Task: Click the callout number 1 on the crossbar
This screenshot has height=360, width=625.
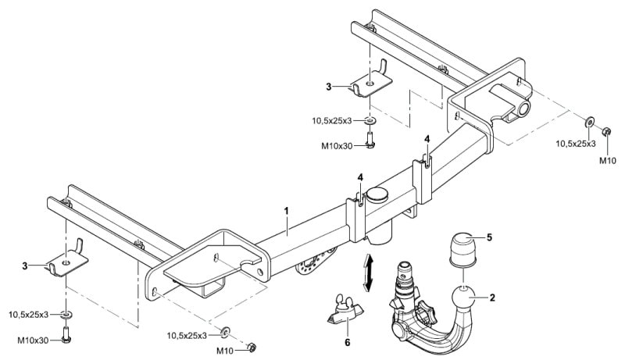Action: pyautogui.click(x=286, y=211)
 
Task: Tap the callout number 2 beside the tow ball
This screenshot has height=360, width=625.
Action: pyautogui.click(x=493, y=297)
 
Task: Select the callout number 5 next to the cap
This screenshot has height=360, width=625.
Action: pyautogui.click(x=490, y=237)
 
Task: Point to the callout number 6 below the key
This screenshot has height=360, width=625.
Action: pyautogui.click(x=347, y=342)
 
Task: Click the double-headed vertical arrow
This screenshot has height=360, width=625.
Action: pyautogui.click(x=369, y=273)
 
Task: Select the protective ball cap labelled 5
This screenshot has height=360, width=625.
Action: pyautogui.click(x=462, y=249)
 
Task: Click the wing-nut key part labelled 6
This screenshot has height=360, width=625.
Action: pyautogui.click(x=345, y=311)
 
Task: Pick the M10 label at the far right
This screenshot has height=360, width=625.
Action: pyautogui.click(x=608, y=161)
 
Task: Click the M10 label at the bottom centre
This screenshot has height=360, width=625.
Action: pyautogui.click(x=224, y=351)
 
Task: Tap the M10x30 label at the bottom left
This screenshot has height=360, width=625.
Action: pyautogui.click(x=33, y=340)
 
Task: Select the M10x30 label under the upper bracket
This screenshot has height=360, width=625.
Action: pyautogui.click(x=337, y=146)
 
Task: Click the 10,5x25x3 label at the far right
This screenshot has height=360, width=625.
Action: pyautogui.click(x=576, y=144)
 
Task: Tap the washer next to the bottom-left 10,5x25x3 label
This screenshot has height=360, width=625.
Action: pyautogui.click(x=66, y=315)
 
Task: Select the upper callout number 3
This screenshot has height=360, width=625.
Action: pyautogui.click(x=328, y=87)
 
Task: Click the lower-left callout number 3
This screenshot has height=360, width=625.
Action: pyautogui.click(x=25, y=266)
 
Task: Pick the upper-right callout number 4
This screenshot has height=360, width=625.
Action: pyautogui.click(x=427, y=139)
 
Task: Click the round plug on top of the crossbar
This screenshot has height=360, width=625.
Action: pyautogui.click(x=378, y=194)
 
